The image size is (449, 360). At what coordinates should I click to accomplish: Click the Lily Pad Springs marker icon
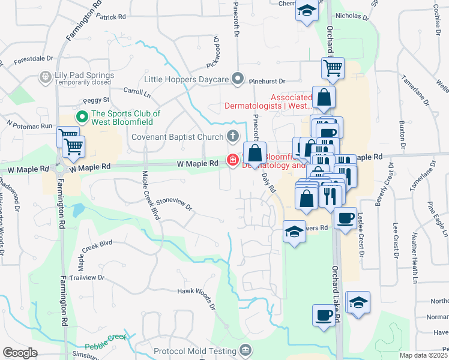coord(44,77)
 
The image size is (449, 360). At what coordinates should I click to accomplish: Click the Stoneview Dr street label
coord(173,205)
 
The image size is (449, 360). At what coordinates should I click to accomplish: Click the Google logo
coord(20,353)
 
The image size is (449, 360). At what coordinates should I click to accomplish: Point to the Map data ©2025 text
coord(424,355)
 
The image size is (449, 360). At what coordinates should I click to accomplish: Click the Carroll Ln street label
coord(137,93)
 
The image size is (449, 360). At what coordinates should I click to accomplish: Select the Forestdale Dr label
coord(34,60)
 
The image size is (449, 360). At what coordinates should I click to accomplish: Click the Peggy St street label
coord(98,100)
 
